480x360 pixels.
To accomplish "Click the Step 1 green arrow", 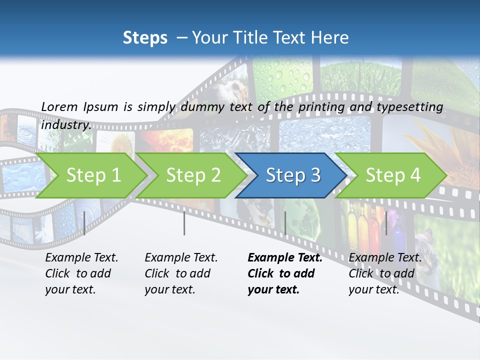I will [93, 175].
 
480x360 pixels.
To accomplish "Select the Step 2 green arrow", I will [193, 175].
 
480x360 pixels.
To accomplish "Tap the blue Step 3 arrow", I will [292, 175].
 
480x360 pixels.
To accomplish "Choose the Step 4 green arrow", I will [392, 175].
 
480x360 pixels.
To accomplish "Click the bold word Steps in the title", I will [145, 37].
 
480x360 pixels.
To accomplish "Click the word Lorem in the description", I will [59, 106].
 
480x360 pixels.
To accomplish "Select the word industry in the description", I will [66, 125].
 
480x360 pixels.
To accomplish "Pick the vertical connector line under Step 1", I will [84, 223].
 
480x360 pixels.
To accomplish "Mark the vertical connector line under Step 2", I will [184, 223].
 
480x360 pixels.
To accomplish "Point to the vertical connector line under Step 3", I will [285, 223].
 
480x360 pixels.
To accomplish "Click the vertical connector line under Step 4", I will [386, 223].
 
